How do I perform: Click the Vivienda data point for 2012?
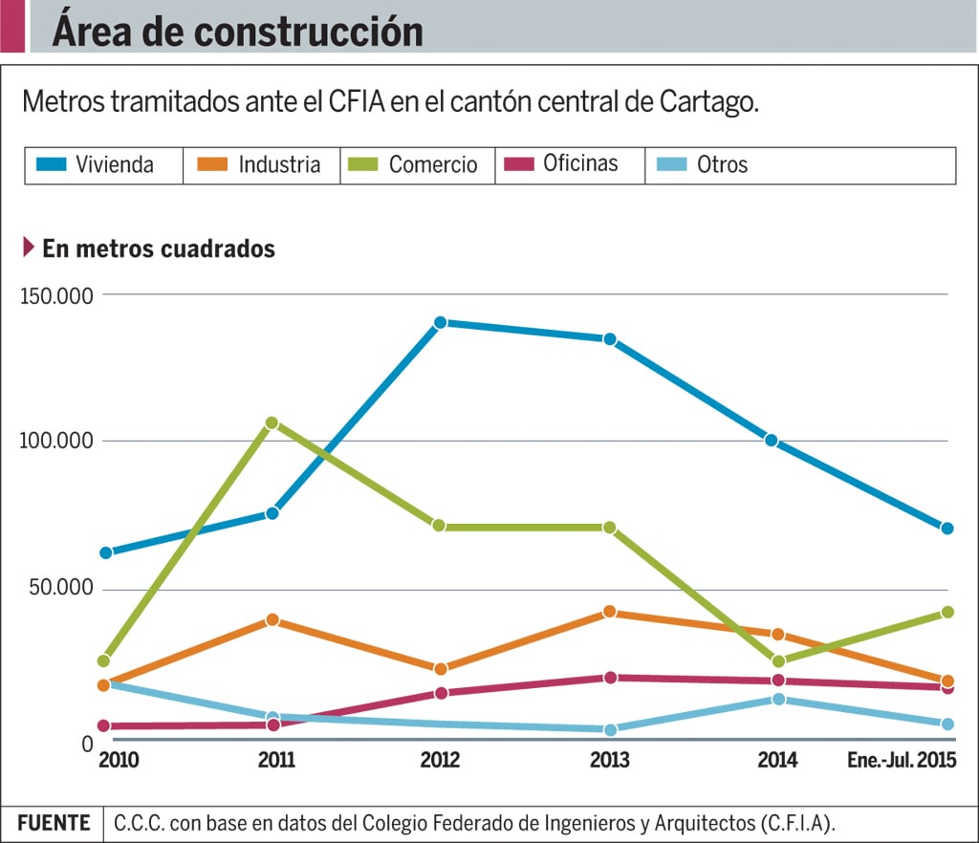click(x=440, y=323)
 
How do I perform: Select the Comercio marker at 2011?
click(x=272, y=422)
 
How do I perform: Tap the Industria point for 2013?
click(x=609, y=612)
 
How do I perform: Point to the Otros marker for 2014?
click(x=778, y=699)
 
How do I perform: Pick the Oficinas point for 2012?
click(x=440, y=693)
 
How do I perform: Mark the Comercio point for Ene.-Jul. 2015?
click(x=947, y=612)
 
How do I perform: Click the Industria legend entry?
click(x=260, y=164)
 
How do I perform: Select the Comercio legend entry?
click(x=417, y=164)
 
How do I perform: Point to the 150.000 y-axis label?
click(x=56, y=295)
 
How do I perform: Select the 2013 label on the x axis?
click(x=609, y=761)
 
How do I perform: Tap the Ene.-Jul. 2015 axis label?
click(x=903, y=761)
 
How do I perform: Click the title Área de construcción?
click(x=237, y=32)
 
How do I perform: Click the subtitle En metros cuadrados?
click(x=159, y=249)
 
